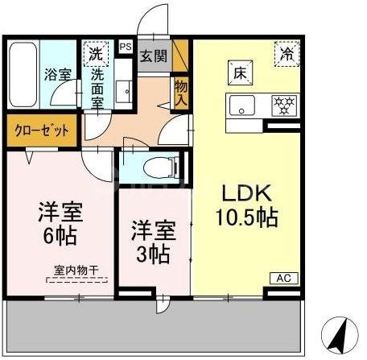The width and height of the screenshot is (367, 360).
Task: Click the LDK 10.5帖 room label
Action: [246, 205]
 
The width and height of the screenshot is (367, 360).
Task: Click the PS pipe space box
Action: [125, 47]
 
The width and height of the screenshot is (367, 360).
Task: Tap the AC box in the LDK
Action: [282, 277]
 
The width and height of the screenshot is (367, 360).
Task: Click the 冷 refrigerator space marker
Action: [287, 55]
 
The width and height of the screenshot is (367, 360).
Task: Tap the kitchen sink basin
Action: [241, 105]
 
